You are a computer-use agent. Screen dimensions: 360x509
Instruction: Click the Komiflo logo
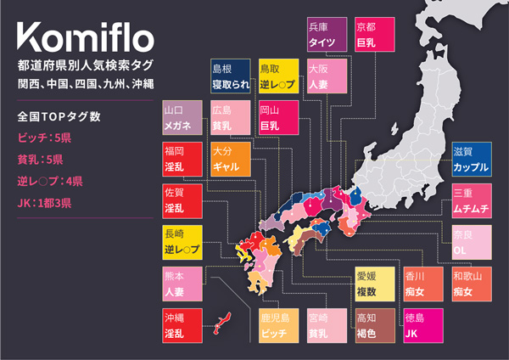tap(85, 38)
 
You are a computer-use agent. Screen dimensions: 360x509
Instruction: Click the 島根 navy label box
tap(229, 76)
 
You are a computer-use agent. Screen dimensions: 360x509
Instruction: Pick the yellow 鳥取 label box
tap(277, 76)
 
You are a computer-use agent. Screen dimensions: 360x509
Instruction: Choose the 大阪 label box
tap(325, 76)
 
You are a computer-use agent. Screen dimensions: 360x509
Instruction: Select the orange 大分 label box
tap(229, 159)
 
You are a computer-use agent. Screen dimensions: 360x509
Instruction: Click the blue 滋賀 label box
tap(471, 160)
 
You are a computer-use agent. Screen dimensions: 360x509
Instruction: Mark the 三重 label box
tap(471, 200)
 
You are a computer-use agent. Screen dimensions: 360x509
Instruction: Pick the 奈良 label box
tap(471, 242)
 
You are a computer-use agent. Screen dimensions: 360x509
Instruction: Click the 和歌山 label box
tap(471, 284)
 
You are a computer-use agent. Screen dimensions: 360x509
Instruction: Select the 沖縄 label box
tap(182, 325)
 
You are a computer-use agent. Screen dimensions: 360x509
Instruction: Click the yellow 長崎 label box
tap(182, 243)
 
